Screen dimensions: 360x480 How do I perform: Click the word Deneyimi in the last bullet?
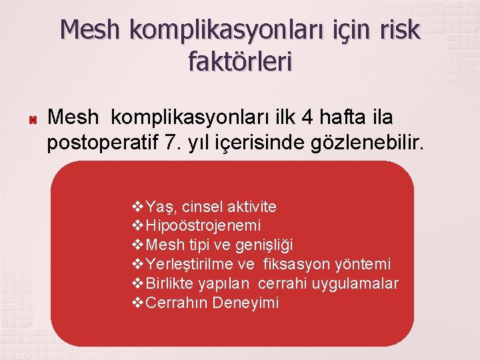[x=247, y=303]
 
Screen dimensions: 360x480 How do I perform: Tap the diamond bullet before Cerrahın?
[x=139, y=303]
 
